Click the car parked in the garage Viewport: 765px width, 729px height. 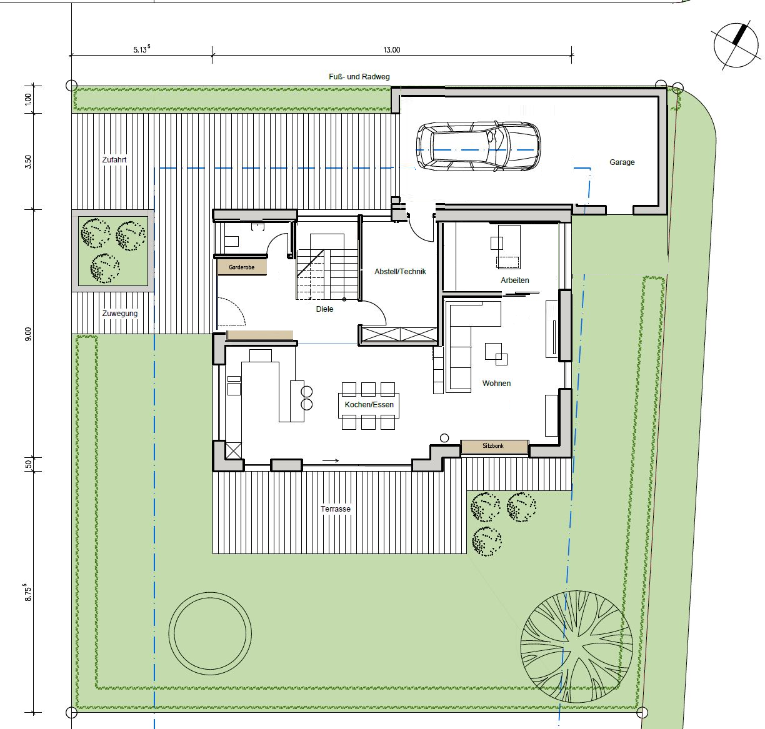[x=478, y=146]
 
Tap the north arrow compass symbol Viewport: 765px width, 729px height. [x=736, y=46]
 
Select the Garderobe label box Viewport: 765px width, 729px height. [x=242, y=267]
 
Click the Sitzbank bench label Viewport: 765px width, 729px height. [x=493, y=446]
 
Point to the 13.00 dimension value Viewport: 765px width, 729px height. [x=392, y=50]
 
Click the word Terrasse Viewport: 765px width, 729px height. [x=336, y=509]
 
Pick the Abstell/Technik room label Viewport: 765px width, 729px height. [x=400, y=272]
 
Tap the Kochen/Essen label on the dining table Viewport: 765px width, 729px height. [x=369, y=405]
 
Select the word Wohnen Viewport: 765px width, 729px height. [x=496, y=383]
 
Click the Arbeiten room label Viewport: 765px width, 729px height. [x=515, y=280]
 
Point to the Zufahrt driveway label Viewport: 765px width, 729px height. [x=114, y=159]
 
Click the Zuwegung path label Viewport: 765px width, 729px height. [x=120, y=313]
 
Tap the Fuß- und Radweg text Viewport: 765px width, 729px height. [x=359, y=77]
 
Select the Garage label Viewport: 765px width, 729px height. [x=622, y=162]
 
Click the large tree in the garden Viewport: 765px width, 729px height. [x=576, y=647]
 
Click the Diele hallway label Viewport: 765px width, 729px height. [x=324, y=309]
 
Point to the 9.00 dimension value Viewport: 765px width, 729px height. [x=27, y=334]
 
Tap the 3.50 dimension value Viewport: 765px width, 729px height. [x=27, y=161]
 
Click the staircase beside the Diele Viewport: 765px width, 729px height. [x=327, y=267]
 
